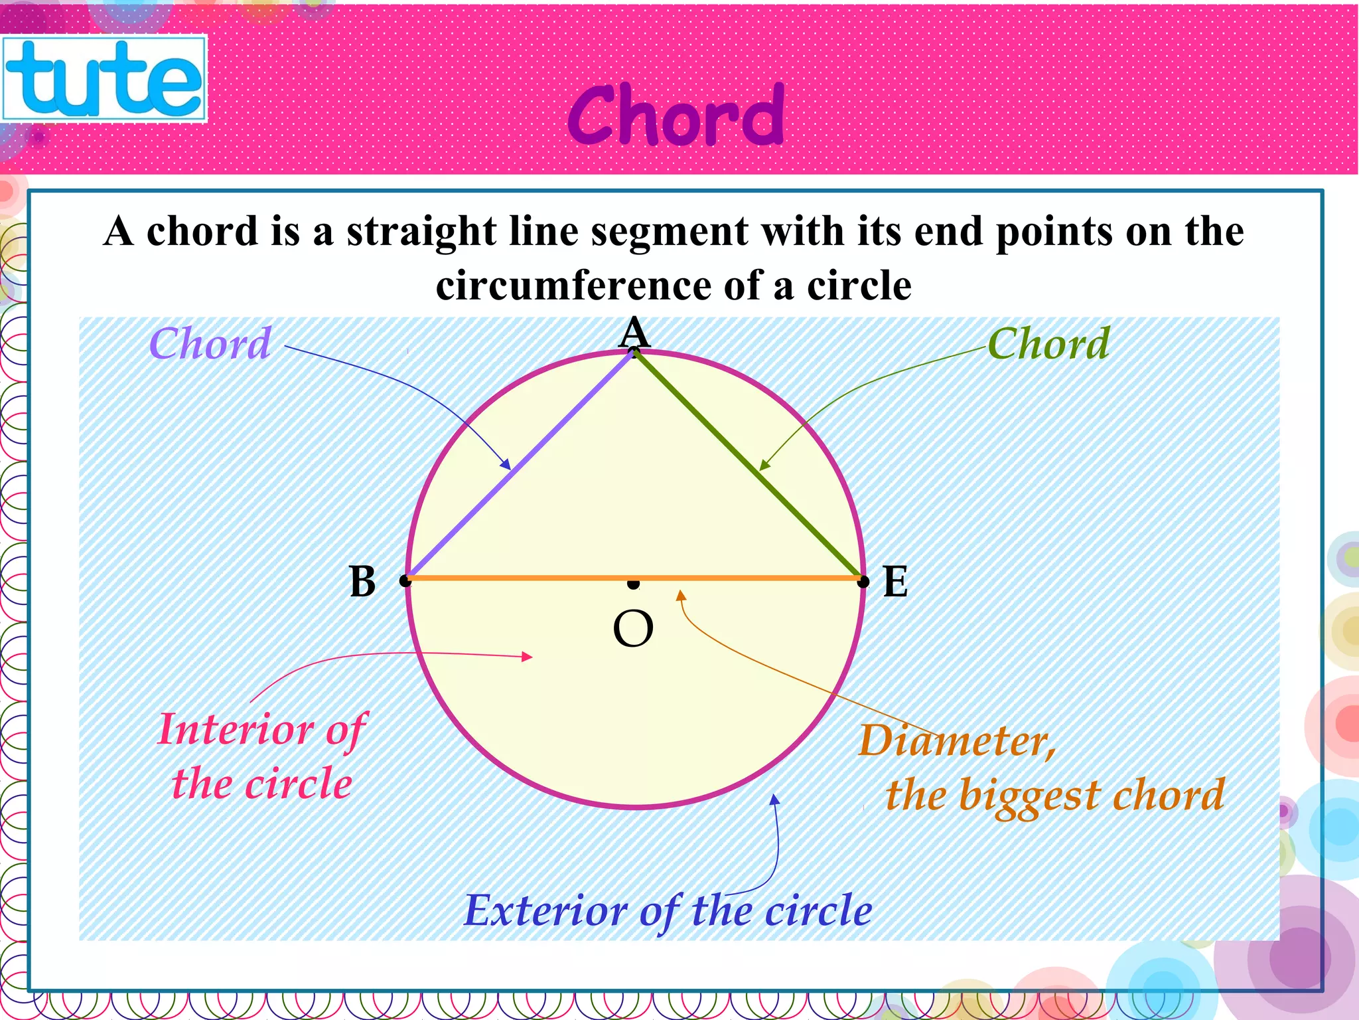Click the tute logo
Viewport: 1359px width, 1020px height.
pos(104,78)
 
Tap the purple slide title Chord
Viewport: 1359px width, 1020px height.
pos(676,116)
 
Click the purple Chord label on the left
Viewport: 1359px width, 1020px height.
pos(210,344)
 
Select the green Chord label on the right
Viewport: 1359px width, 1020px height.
pos(1048,344)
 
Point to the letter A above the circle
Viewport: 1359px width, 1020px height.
pos(634,332)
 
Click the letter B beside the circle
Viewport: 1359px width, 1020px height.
pos(362,582)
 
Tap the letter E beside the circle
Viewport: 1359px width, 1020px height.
pos(895,582)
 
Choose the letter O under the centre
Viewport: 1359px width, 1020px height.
pos(633,629)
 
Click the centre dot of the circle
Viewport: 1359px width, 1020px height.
pos(634,584)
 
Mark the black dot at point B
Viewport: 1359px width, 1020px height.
pos(405,581)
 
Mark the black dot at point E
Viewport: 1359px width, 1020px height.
pos(863,582)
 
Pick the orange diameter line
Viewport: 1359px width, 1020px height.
pos(531,578)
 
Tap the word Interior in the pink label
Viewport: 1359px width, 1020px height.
pos(236,729)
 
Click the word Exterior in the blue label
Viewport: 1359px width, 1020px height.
pos(545,910)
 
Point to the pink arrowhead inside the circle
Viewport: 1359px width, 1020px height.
pos(527,657)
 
